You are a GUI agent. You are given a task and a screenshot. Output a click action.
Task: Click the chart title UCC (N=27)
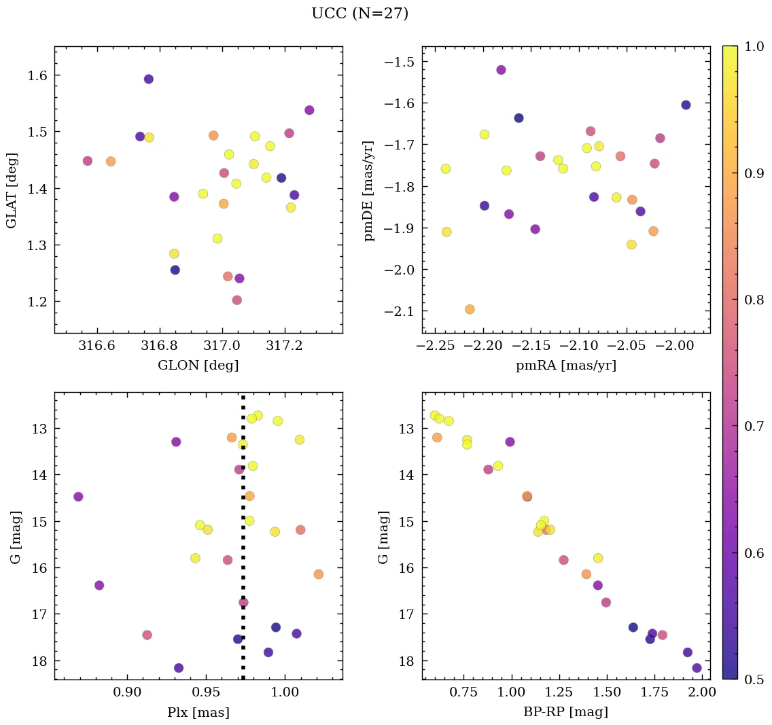point(359,14)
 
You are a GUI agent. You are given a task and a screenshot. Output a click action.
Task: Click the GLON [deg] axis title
point(198,366)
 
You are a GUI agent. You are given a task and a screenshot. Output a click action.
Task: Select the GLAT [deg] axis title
point(12,190)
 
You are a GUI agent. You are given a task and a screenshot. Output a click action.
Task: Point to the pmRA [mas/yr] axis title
point(566,366)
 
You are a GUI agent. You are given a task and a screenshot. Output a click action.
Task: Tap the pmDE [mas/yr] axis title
point(369,190)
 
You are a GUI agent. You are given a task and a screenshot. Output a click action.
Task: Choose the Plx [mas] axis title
point(198,712)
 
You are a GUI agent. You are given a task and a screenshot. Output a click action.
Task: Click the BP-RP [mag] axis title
point(566,712)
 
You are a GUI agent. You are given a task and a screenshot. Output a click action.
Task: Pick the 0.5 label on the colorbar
point(753,679)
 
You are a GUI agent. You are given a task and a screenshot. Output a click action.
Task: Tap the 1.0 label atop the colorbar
point(753,46)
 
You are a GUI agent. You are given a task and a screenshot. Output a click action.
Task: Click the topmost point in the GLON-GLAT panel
point(149,79)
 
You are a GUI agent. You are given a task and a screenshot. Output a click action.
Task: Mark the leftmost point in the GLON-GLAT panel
point(88,161)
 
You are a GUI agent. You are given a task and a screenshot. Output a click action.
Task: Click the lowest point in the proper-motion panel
point(470,309)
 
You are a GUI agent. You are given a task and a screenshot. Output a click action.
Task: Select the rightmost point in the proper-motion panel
point(686,105)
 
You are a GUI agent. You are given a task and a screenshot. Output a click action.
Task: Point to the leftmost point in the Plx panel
point(78,497)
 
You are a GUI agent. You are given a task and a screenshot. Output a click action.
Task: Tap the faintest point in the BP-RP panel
point(697,668)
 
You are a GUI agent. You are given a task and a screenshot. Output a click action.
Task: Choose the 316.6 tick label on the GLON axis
point(98,347)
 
